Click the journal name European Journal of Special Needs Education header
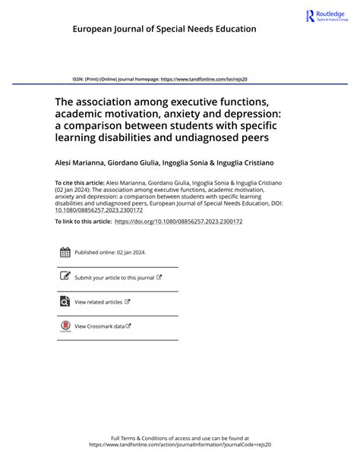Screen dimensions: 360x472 point(164,29)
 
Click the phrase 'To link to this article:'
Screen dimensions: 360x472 point(83,221)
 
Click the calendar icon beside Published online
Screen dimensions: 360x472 point(65,253)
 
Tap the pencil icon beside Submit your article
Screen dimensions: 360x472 point(65,277)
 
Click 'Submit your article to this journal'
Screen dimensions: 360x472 point(115,278)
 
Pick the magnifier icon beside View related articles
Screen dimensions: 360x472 point(65,301)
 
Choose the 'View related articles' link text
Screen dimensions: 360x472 point(99,302)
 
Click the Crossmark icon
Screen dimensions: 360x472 point(65,326)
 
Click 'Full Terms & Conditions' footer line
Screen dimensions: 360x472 point(180,438)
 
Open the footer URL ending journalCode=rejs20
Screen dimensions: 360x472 point(180,445)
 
